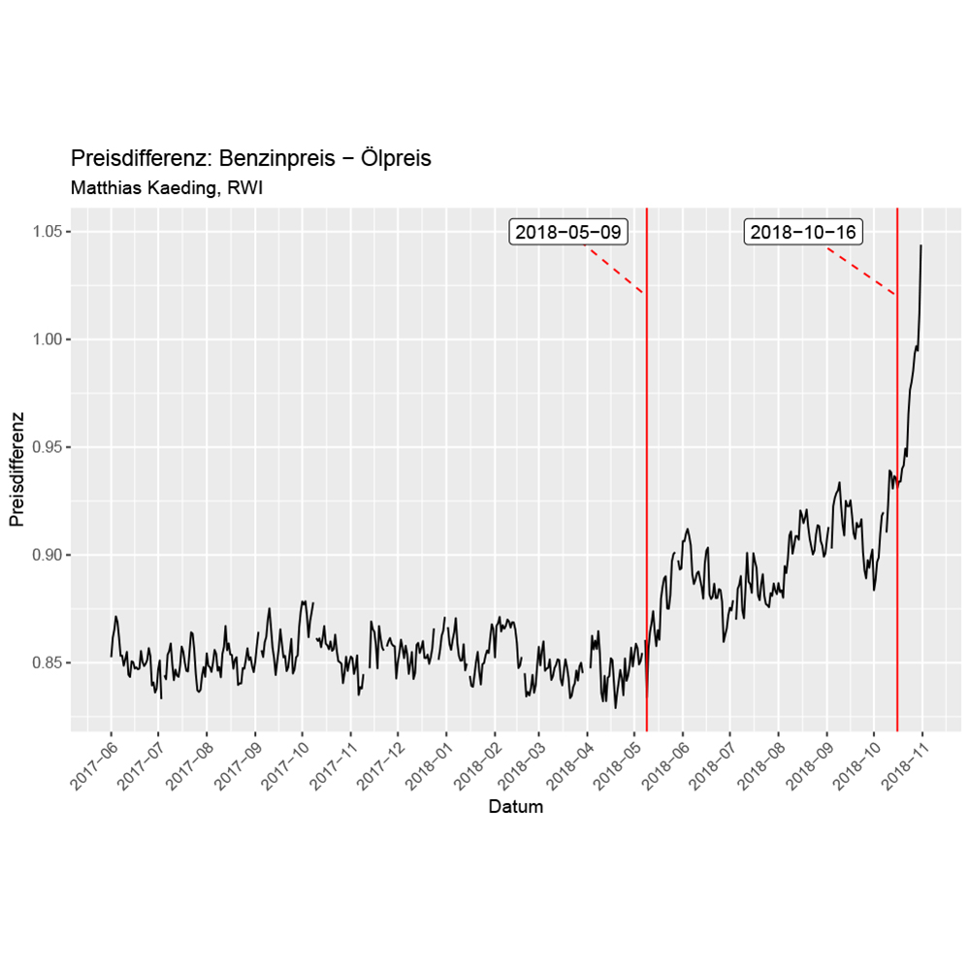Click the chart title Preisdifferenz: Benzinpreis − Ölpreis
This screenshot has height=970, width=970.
point(251,158)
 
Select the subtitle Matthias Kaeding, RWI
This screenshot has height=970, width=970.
point(168,188)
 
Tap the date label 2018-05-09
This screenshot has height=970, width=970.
point(569,232)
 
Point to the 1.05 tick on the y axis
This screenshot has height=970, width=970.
point(49,232)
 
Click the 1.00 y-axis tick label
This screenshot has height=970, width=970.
point(49,339)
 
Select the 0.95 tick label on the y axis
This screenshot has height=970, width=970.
point(49,447)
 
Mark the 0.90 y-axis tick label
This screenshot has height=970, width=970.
point(49,555)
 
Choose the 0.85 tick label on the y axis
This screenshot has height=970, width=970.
point(49,663)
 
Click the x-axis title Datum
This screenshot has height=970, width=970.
point(515,807)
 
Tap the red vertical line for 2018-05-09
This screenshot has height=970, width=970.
point(647,485)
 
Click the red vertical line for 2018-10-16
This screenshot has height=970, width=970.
point(897,582)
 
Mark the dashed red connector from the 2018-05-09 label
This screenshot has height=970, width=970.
point(615,271)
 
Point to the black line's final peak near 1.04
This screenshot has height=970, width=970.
point(921,246)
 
